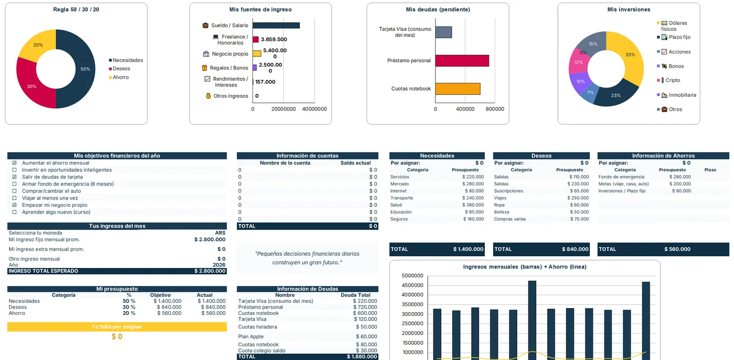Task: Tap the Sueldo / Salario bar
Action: coord(276,25)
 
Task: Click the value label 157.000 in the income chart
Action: coord(265,82)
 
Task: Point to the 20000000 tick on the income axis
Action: coord(283,109)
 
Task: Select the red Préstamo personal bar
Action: coord(462,61)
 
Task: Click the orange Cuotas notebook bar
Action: coord(458,89)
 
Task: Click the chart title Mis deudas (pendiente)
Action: coord(438,9)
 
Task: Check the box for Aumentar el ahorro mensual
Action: coord(14,163)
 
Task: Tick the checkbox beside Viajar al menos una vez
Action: coord(14,198)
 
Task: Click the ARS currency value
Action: coord(220,233)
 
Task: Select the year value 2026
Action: coord(219,265)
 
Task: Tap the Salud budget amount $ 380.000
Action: coord(473,205)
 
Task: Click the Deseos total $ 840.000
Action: coord(575,249)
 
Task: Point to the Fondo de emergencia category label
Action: coord(621,177)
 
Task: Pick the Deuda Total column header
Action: coord(356,295)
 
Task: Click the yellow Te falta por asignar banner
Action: coord(117,327)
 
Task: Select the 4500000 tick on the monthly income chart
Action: coord(412,285)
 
